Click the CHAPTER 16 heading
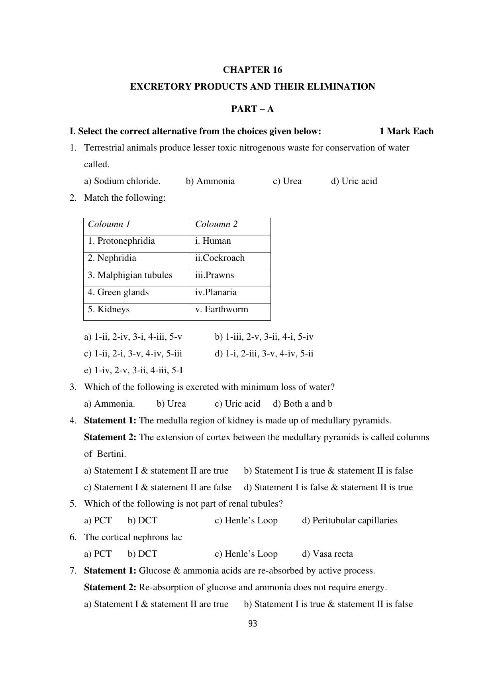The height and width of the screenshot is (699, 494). [x=252, y=70]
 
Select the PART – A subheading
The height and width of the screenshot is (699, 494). [x=252, y=109]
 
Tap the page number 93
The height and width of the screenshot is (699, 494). [x=253, y=624]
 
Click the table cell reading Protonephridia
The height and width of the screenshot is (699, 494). [x=122, y=241]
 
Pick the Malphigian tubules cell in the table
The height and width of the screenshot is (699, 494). [x=130, y=275]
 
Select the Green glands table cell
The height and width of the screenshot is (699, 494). [x=118, y=292]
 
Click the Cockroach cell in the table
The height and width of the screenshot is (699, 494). [x=220, y=258]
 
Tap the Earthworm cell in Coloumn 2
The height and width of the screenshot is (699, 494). [x=222, y=309]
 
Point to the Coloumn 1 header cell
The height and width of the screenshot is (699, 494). [x=109, y=224]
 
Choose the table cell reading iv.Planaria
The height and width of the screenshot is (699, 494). [x=216, y=292]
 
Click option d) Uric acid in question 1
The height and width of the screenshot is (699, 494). [x=354, y=181]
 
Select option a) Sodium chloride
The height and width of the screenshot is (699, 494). [x=122, y=181]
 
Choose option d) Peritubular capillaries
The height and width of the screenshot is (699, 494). [x=349, y=521]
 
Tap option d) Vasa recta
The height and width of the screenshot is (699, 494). [x=327, y=554]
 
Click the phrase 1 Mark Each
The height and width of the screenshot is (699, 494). [x=406, y=131]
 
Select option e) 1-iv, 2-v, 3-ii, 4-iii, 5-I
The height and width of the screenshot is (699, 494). [x=133, y=370]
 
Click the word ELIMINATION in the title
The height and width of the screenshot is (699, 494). [x=341, y=87]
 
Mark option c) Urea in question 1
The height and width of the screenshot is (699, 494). [x=287, y=181]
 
